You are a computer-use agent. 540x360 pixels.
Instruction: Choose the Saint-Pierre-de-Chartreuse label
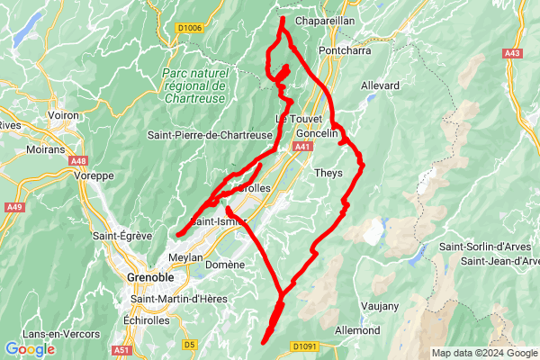pyautogui.click(x=210, y=135)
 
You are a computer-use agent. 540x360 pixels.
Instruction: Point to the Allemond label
pyautogui.click(x=356, y=330)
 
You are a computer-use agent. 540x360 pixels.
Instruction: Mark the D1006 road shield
pyautogui.click(x=189, y=29)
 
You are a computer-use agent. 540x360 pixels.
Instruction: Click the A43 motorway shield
pyautogui.click(x=513, y=54)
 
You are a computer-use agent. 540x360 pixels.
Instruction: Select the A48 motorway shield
pyautogui.click(x=77, y=161)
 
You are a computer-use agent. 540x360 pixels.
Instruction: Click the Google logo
pyautogui.click(x=30, y=348)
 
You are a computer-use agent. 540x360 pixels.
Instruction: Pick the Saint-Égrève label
pyautogui.click(x=121, y=237)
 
